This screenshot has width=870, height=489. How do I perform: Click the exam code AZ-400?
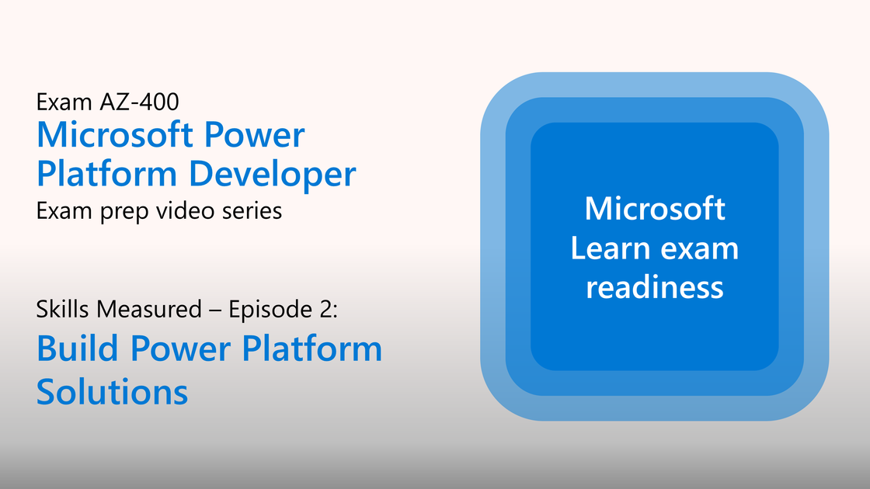tap(139, 102)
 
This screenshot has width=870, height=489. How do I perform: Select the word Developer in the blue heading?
tap(273, 174)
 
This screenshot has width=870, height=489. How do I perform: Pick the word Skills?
tap(63, 309)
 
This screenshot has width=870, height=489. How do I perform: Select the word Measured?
tap(148, 309)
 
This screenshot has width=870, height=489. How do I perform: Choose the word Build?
tap(78, 349)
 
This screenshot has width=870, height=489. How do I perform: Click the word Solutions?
tap(112, 392)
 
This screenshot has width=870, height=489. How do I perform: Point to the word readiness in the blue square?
tap(655, 288)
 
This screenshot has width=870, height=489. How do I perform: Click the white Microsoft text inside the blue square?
tap(655, 209)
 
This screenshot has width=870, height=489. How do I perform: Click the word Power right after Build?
tap(180, 349)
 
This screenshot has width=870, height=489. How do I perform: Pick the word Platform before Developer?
tap(107, 174)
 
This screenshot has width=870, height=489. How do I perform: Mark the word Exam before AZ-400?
tap(64, 102)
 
